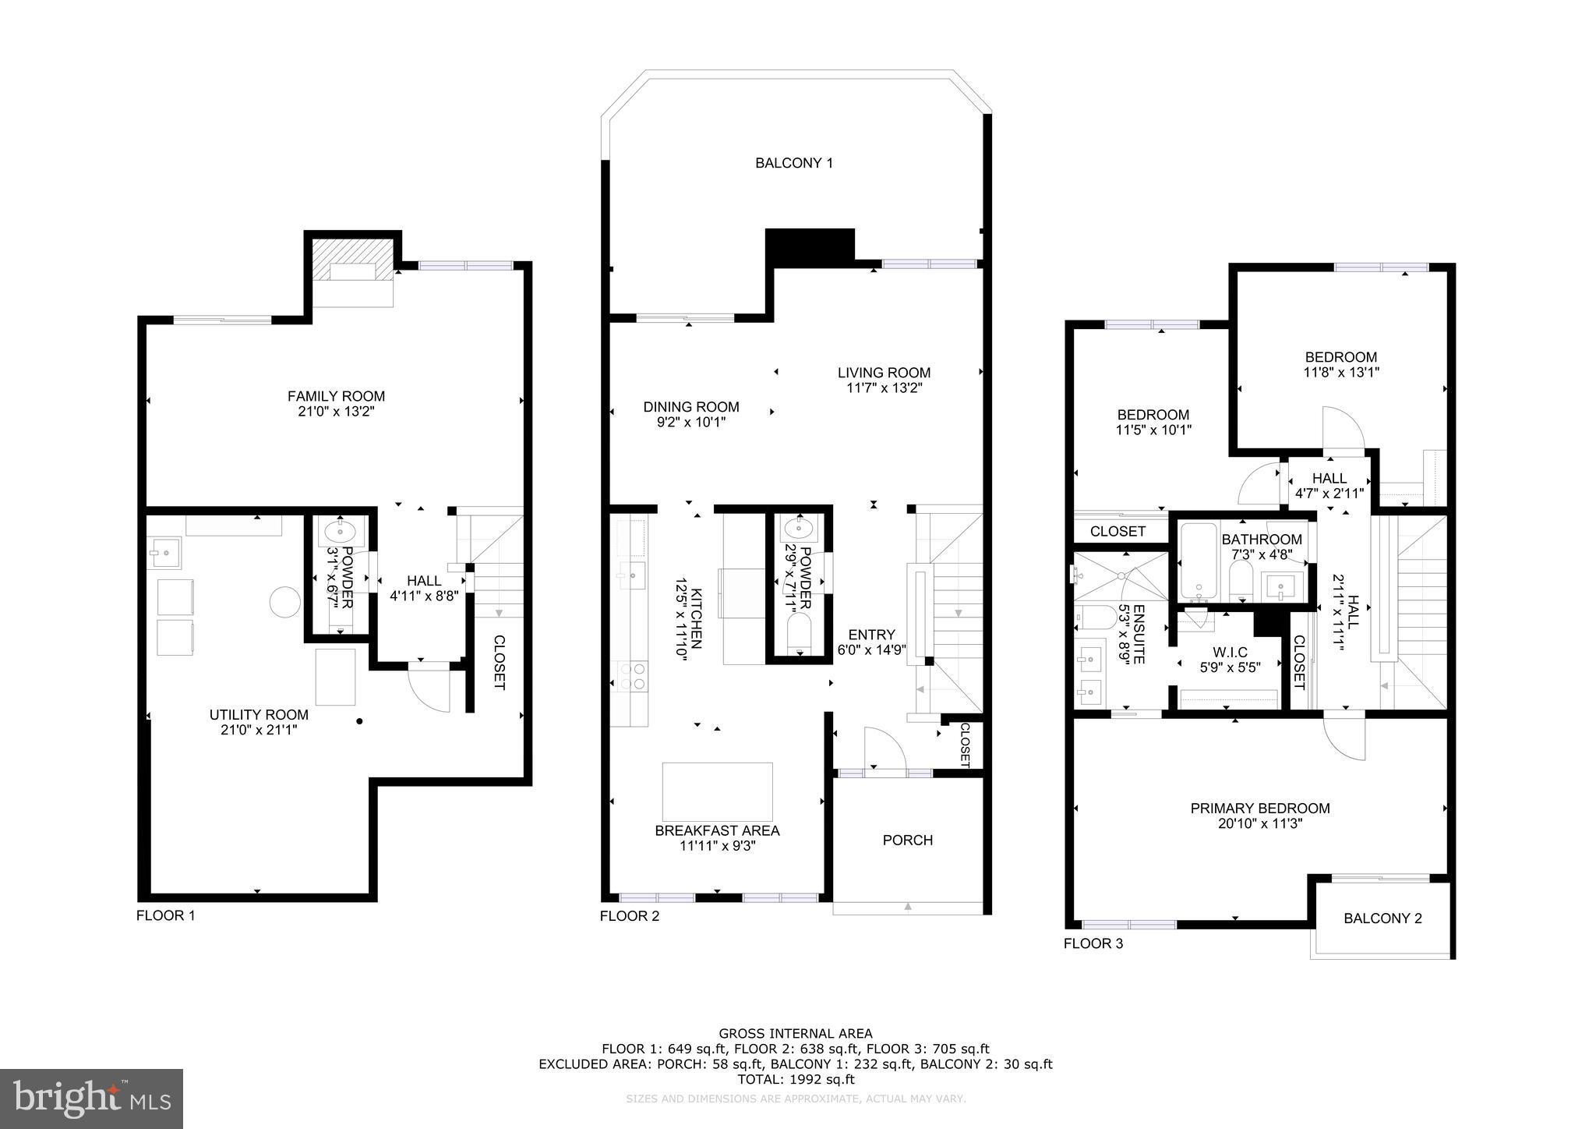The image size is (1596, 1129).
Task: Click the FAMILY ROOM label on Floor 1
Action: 336,396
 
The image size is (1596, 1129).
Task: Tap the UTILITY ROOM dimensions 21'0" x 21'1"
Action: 259,731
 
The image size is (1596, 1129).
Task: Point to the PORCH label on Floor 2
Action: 907,840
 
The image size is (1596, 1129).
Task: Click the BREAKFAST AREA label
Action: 717,830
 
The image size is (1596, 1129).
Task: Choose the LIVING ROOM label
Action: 884,373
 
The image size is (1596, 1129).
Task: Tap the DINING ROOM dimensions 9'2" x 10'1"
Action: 690,422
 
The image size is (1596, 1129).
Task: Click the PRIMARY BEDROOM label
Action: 1259,809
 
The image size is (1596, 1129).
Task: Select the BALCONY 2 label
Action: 1382,918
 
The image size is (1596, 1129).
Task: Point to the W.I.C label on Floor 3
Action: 1230,652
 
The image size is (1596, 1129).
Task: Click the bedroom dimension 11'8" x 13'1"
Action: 1341,373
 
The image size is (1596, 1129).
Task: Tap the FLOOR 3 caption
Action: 1093,943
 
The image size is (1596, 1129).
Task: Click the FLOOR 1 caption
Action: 165,915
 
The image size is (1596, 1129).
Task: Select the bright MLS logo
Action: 91,1099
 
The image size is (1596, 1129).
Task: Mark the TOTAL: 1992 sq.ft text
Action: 796,1079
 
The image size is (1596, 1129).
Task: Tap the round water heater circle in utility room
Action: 284,602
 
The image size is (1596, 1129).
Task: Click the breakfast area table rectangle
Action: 717,791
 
